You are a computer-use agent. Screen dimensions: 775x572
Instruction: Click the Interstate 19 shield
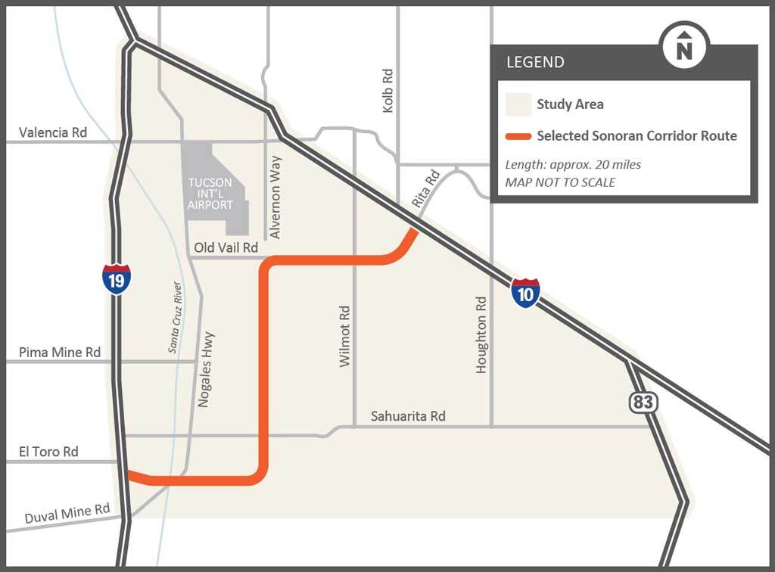click(117, 278)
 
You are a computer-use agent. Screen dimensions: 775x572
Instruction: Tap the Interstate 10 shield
click(525, 292)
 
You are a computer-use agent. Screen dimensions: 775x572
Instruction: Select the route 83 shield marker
click(643, 401)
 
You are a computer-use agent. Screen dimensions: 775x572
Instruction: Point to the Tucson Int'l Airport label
click(211, 193)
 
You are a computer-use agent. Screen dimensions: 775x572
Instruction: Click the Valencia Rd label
click(53, 132)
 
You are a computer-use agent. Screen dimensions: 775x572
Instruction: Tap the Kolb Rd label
click(388, 91)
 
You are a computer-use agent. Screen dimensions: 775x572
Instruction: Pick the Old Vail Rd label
click(226, 247)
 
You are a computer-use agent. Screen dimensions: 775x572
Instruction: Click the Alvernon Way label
click(275, 197)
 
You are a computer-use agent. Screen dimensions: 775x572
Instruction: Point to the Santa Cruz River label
click(175, 318)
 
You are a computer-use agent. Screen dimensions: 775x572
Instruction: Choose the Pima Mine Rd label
click(60, 352)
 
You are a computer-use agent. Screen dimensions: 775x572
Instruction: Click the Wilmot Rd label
click(345, 337)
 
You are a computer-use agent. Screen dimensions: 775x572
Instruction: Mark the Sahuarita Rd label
click(408, 416)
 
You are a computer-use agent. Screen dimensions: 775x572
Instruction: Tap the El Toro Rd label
click(48, 452)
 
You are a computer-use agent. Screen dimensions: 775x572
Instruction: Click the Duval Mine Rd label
click(67, 514)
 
